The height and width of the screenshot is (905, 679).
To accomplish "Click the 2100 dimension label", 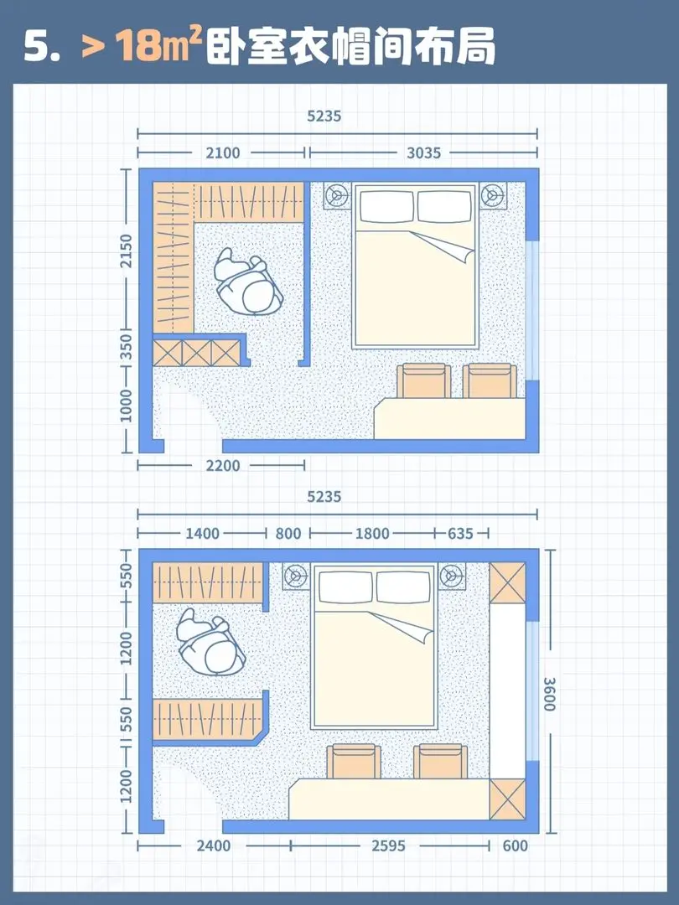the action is tap(223, 153).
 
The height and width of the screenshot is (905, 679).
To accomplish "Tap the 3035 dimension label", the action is tap(424, 153).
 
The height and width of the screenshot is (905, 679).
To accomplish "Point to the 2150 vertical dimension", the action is tap(127, 251).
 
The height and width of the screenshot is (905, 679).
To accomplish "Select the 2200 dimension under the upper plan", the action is tap(223, 465).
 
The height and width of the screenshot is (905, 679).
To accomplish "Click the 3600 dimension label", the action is tap(549, 694).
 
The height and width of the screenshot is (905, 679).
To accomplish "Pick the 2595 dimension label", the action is tap(389, 846).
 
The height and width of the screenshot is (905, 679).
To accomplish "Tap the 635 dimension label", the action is tap(460, 533).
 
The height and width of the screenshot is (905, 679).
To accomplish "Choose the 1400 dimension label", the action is tap(202, 533).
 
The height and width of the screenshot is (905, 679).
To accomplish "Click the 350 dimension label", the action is tap(127, 347).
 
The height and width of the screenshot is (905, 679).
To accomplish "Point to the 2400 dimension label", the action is tap(214, 846).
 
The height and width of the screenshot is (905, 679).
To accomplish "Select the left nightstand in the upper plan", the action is tap(337, 195).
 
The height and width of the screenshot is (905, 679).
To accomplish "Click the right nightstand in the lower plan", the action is tap(452, 576).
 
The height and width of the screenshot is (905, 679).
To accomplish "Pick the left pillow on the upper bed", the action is tap(386, 206).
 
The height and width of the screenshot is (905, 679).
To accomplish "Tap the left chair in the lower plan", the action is tap(354, 761).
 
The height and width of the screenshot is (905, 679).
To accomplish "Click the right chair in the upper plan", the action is tap(490, 380).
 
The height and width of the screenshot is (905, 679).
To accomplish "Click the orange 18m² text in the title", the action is tap(157, 45).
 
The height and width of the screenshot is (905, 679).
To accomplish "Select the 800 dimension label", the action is tap(288, 533).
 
